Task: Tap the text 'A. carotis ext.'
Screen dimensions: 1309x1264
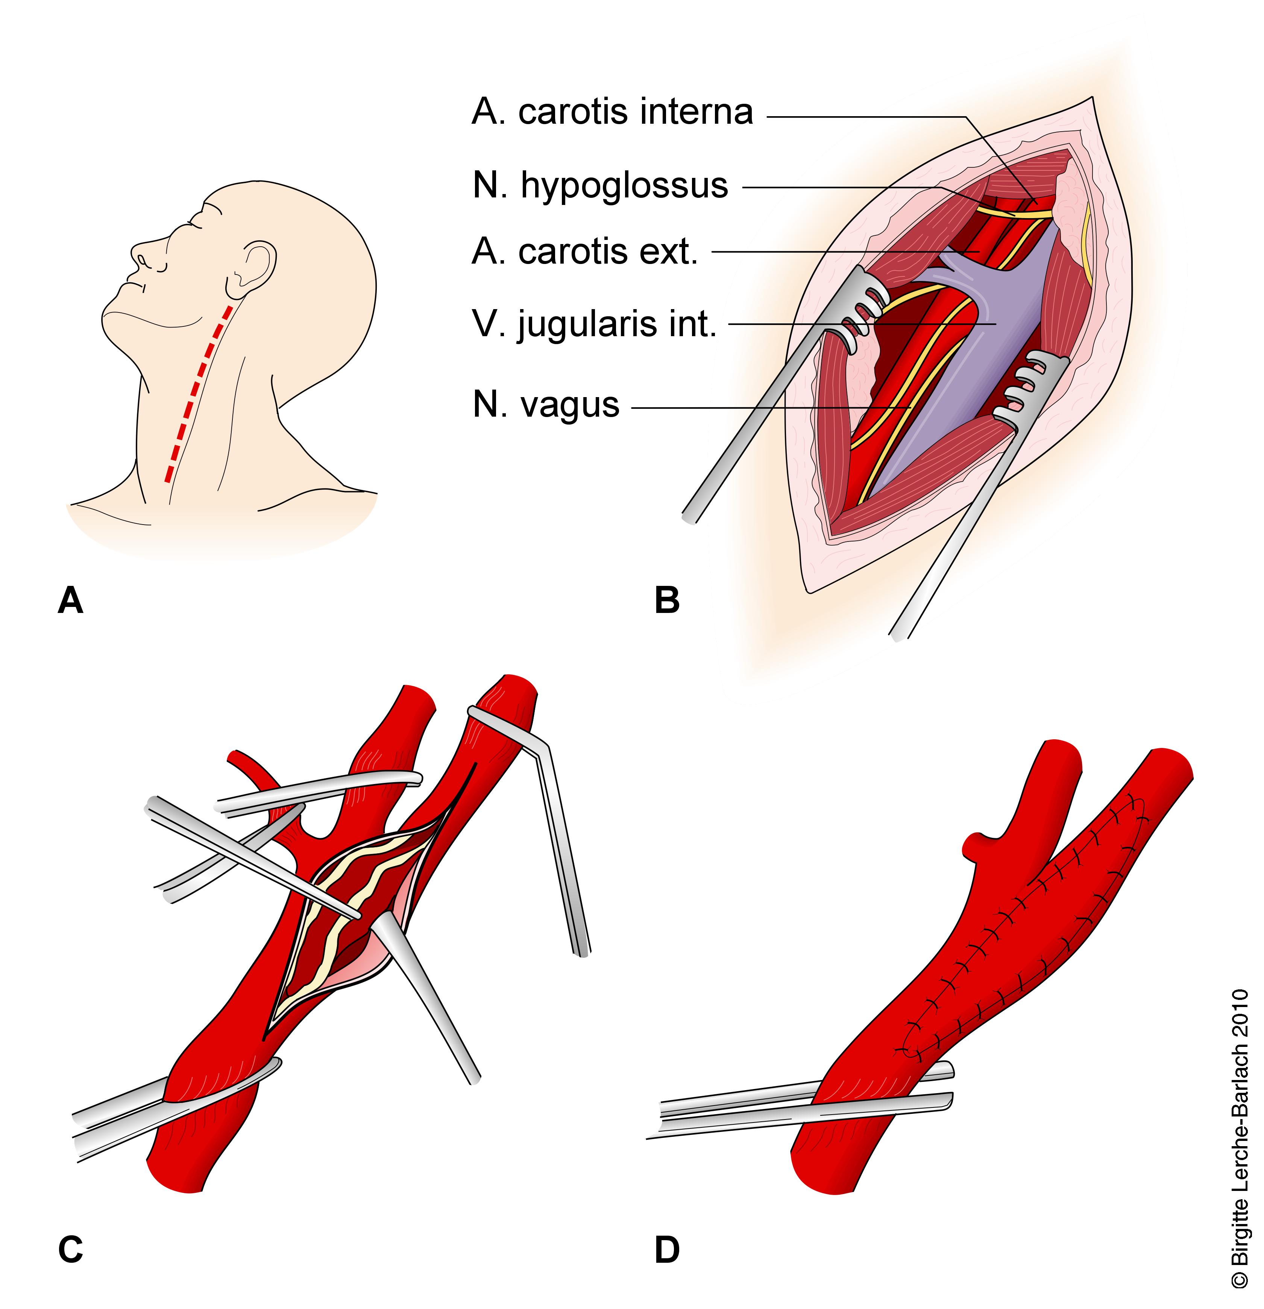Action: [x=584, y=252]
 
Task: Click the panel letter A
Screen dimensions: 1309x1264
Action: [x=70, y=600]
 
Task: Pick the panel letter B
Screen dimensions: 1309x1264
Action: [x=667, y=600]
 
